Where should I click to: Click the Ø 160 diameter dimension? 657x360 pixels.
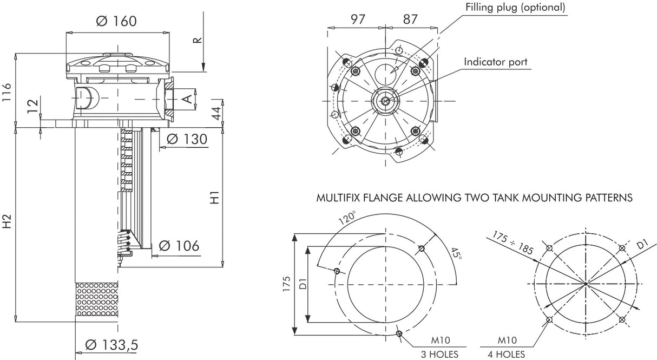pyautogui.click(x=116, y=21)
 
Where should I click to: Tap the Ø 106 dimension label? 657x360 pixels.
pyautogui.click(x=179, y=246)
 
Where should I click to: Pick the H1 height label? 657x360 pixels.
pyautogui.click(x=215, y=198)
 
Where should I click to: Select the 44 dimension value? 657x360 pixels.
pyautogui.click(x=215, y=113)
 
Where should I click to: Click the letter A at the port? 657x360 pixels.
pyautogui.click(x=186, y=99)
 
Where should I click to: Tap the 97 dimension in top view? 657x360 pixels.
pyautogui.click(x=358, y=19)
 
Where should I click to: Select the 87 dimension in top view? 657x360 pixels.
pyautogui.click(x=410, y=19)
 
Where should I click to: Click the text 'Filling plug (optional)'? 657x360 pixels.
pyautogui.click(x=515, y=7)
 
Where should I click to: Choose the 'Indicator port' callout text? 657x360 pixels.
pyautogui.click(x=495, y=62)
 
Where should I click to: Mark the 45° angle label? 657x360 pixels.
pyautogui.click(x=455, y=253)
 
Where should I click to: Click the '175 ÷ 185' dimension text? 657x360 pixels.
pyautogui.click(x=513, y=242)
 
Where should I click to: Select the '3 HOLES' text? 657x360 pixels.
pyautogui.click(x=439, y=355)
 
